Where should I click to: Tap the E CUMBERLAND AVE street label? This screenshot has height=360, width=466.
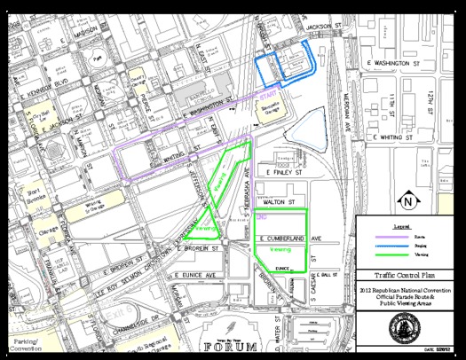pos(294,239)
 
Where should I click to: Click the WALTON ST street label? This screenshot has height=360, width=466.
pos(279,202)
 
